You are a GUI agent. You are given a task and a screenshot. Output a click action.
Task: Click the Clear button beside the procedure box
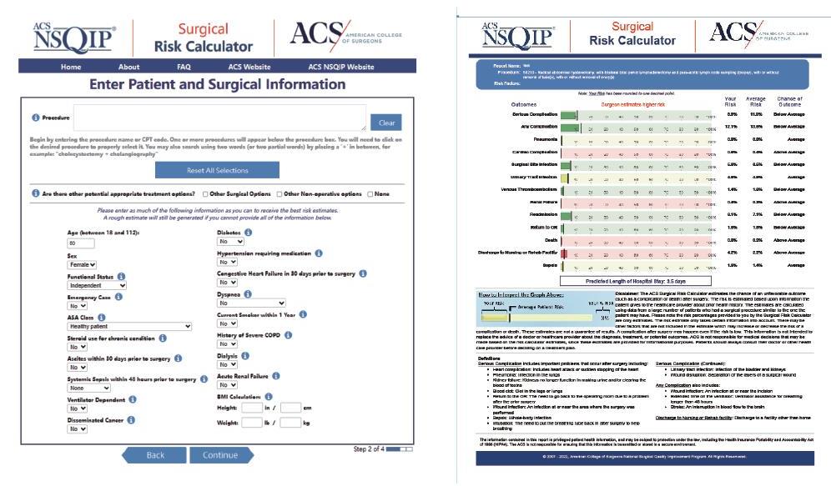386,123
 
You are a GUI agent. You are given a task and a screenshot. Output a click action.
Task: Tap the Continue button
219,455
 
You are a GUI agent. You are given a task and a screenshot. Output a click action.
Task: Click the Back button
155,455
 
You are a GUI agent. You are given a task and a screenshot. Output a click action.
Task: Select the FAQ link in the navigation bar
184,67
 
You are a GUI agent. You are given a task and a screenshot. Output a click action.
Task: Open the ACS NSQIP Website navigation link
341,67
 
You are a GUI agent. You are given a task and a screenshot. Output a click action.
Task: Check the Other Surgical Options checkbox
204,194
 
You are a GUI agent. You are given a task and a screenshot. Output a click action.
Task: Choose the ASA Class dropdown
97,326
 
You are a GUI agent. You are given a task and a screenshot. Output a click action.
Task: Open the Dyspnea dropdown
250,304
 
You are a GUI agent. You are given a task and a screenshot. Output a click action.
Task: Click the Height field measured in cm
290,408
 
